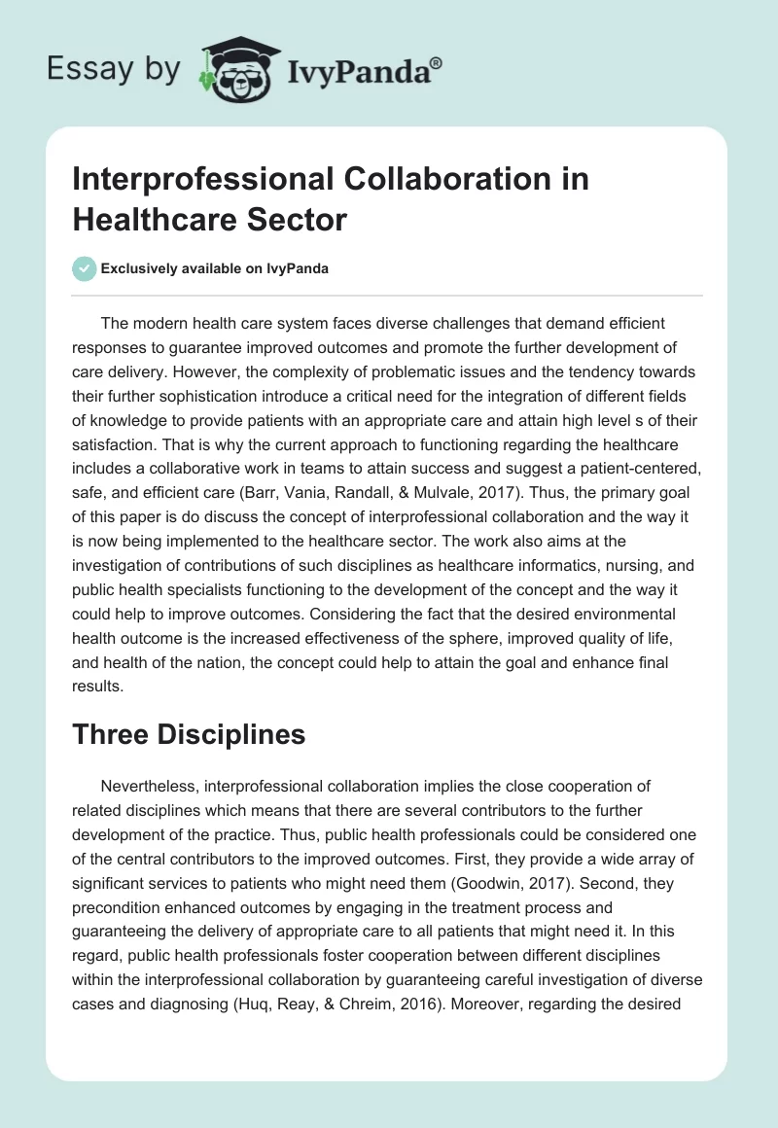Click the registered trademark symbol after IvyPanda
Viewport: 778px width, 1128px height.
[x=437, y=65]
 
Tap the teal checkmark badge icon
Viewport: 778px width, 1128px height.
[x=85, y=268]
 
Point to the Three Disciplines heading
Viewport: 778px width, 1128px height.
[x=189, y=735]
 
